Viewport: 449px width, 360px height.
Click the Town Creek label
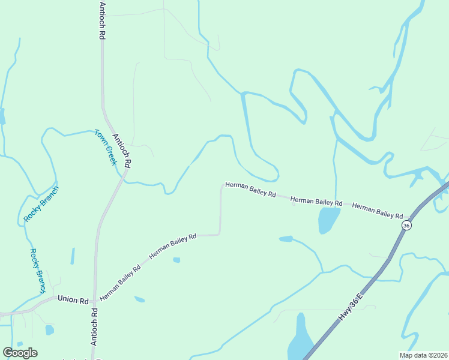(x=105, y=147)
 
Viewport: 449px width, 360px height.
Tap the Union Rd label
(x=73, y=299)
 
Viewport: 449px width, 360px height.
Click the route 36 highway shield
(x=406, y=226)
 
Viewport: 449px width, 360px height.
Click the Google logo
(x=20, y=353)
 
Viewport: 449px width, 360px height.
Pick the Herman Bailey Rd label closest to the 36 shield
(x=378, y=211)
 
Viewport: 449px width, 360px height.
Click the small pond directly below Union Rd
(x=49, y=329)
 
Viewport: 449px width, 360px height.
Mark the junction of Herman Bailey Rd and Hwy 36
(x=411, y=217)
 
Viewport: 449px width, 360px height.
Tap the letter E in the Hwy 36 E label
(x=361, y=296)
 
